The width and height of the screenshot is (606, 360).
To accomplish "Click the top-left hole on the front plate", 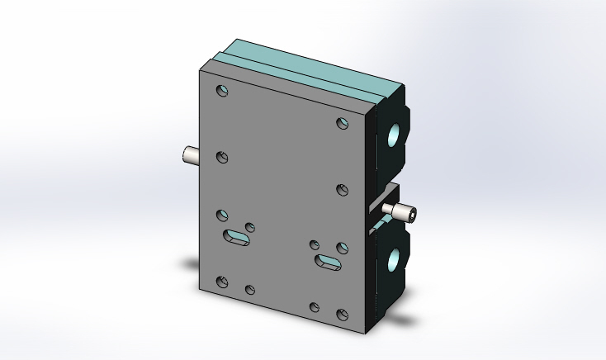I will point(222,91).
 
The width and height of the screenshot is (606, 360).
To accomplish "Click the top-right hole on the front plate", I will point(343,123).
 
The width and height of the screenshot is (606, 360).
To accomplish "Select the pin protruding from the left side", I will point(190,154).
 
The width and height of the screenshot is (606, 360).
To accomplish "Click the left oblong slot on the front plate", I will point(237,238).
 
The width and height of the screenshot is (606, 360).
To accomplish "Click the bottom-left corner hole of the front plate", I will point(222,282).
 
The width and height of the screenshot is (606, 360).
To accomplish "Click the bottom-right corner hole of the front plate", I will point(343,314).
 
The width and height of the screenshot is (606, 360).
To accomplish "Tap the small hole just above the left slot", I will point(250,227).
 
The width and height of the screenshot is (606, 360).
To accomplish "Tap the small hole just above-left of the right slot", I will point(315,244).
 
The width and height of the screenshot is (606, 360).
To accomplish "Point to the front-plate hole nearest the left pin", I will point(222,157).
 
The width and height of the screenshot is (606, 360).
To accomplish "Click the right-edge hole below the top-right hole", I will point(343,190).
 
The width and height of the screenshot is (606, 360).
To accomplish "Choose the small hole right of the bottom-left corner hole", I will point(250,290).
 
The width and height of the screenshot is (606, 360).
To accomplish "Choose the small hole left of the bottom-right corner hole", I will point(315,307).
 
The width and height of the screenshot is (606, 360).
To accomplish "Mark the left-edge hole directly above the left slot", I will point(222,215).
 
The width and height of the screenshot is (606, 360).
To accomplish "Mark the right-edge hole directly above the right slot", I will point(343,248).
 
